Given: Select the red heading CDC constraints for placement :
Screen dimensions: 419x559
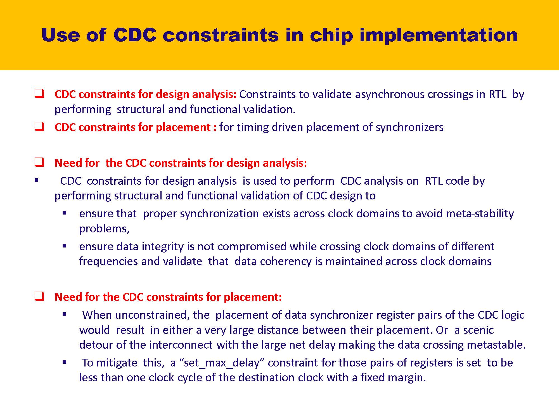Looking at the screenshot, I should (135, 127).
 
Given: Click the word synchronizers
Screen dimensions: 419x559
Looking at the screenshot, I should (409, 127).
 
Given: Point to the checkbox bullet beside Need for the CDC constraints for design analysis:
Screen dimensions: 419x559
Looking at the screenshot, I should (39, 162).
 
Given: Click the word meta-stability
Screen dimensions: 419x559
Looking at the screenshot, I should (480, 214).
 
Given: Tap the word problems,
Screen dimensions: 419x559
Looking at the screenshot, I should (104, 229).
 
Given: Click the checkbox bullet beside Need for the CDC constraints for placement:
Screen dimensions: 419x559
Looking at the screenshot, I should (39, 296).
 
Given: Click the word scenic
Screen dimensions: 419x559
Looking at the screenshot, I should (478, 330).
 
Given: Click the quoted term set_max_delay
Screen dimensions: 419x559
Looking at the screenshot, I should (222, 363).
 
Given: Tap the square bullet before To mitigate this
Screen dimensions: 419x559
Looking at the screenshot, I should (65, 362).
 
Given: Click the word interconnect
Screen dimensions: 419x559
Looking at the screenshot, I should (181, 345).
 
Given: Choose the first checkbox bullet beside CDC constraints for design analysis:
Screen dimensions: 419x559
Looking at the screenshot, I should (39, 94).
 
